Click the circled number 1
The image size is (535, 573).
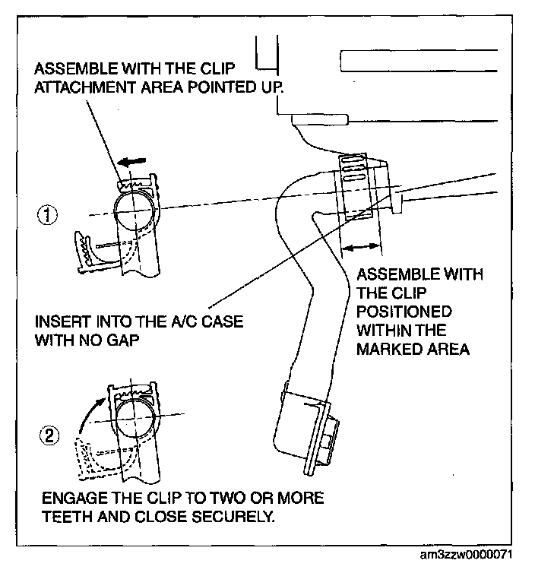click(49, 215)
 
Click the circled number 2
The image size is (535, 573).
click(49, 436)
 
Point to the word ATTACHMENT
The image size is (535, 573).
click(88, 87)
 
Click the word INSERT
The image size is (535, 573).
click(58, 321)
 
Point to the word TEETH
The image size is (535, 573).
click(69, 519)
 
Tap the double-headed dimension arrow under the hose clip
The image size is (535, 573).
click(359, 245)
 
